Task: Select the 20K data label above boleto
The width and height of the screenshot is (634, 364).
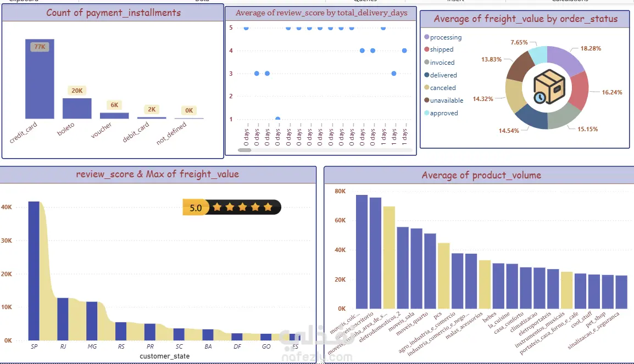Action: pos(77,91)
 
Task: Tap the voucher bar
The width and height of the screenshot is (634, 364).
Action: pos(114,116)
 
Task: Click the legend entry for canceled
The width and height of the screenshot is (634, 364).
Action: pos(442,88)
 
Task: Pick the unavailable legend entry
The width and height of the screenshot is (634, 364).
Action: pos(446,100)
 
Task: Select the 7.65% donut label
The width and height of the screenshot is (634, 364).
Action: pos(519,42)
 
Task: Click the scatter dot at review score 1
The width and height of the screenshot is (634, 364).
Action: pos(277,119)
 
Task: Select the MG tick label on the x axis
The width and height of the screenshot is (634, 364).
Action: pos(92,347)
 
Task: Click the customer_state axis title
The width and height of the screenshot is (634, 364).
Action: pos(164,356)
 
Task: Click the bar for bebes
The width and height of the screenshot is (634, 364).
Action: pos(498,286)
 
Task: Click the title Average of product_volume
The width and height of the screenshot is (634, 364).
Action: pos(481,175)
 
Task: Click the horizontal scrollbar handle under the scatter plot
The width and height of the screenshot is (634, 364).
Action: pos(244,150)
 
